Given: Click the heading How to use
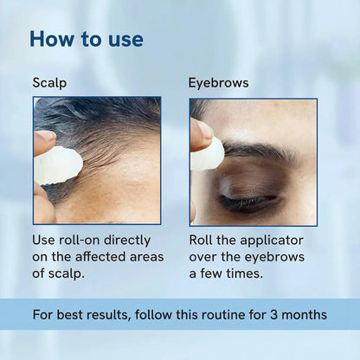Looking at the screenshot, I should point(87,39).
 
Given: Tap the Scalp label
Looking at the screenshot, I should point(49,84).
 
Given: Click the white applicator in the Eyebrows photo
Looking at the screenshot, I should point(208,154).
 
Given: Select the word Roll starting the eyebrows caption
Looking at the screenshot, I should point(202,240).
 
